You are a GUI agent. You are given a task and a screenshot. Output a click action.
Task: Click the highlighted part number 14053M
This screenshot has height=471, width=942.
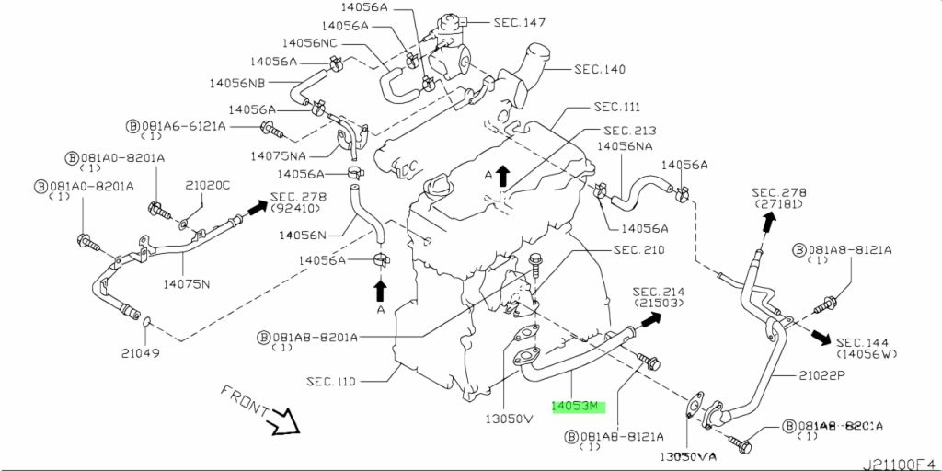tap(575, 406)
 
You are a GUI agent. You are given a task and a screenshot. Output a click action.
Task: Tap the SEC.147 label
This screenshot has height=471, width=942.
tap(520, 22)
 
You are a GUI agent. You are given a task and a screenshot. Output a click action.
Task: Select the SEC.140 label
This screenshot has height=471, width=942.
tap(600, 69)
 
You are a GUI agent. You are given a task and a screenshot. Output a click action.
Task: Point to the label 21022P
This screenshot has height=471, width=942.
tap(797, 375)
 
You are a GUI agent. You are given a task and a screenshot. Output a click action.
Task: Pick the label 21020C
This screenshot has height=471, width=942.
tap(208, 185)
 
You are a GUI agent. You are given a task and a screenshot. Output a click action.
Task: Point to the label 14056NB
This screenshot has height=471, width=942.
tap(238, 83)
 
